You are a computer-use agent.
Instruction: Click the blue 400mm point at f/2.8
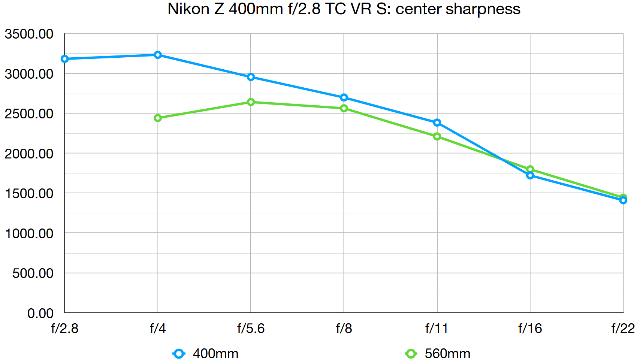pos(64,59)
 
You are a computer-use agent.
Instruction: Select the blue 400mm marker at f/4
pos(158,55)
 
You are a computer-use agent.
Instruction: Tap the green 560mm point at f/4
pos(158,118)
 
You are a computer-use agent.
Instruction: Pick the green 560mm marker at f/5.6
pos(251,102)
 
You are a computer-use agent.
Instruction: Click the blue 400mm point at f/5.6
pos(251,77)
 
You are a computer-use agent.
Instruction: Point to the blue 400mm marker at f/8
pos(344,97)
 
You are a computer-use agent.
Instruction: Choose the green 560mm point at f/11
pos(437,136)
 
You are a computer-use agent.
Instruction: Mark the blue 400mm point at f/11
pos(437,122)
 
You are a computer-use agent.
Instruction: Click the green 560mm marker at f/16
pos(530,169)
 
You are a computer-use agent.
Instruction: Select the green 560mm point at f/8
pos(344,108)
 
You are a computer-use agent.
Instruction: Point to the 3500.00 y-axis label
pos(29,34)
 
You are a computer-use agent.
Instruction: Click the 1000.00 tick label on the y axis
pos(29,233)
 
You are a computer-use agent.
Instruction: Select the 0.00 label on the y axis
pos(40,313)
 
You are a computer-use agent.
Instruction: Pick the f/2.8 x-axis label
pos(64,329)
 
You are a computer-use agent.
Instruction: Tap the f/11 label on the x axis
pos(437,329)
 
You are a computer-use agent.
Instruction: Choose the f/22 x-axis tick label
pos(623,329)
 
